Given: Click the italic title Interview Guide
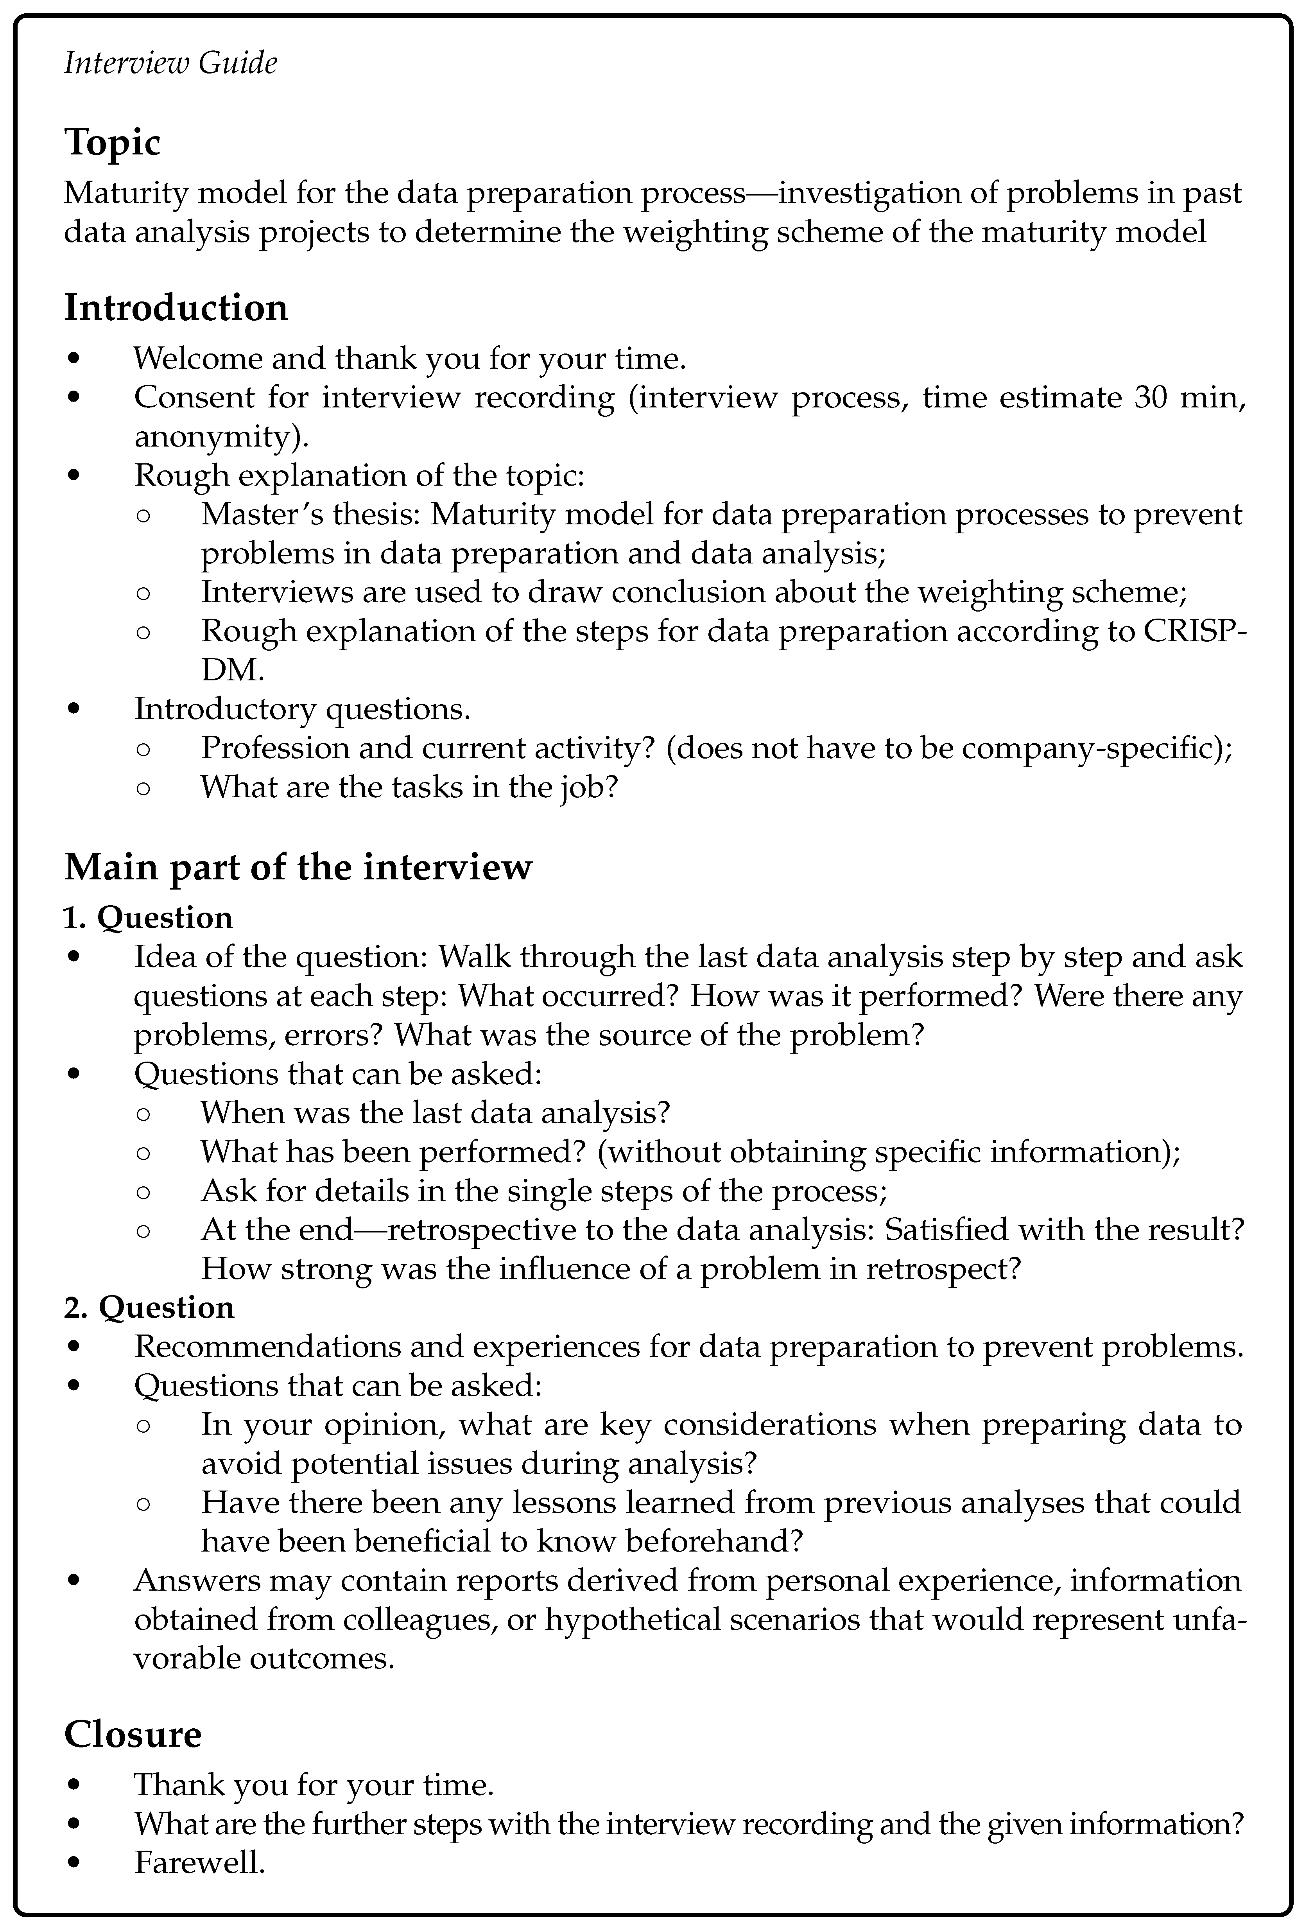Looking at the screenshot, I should pyautogui.click(x=170, y=63).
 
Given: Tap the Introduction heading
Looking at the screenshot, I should pyautogui.click(x=176, y=308).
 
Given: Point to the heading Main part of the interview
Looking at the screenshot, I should pyautogui.click(x=298, y=867).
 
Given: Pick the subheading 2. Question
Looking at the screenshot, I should pyautogui.click(x=150, y=1308).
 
